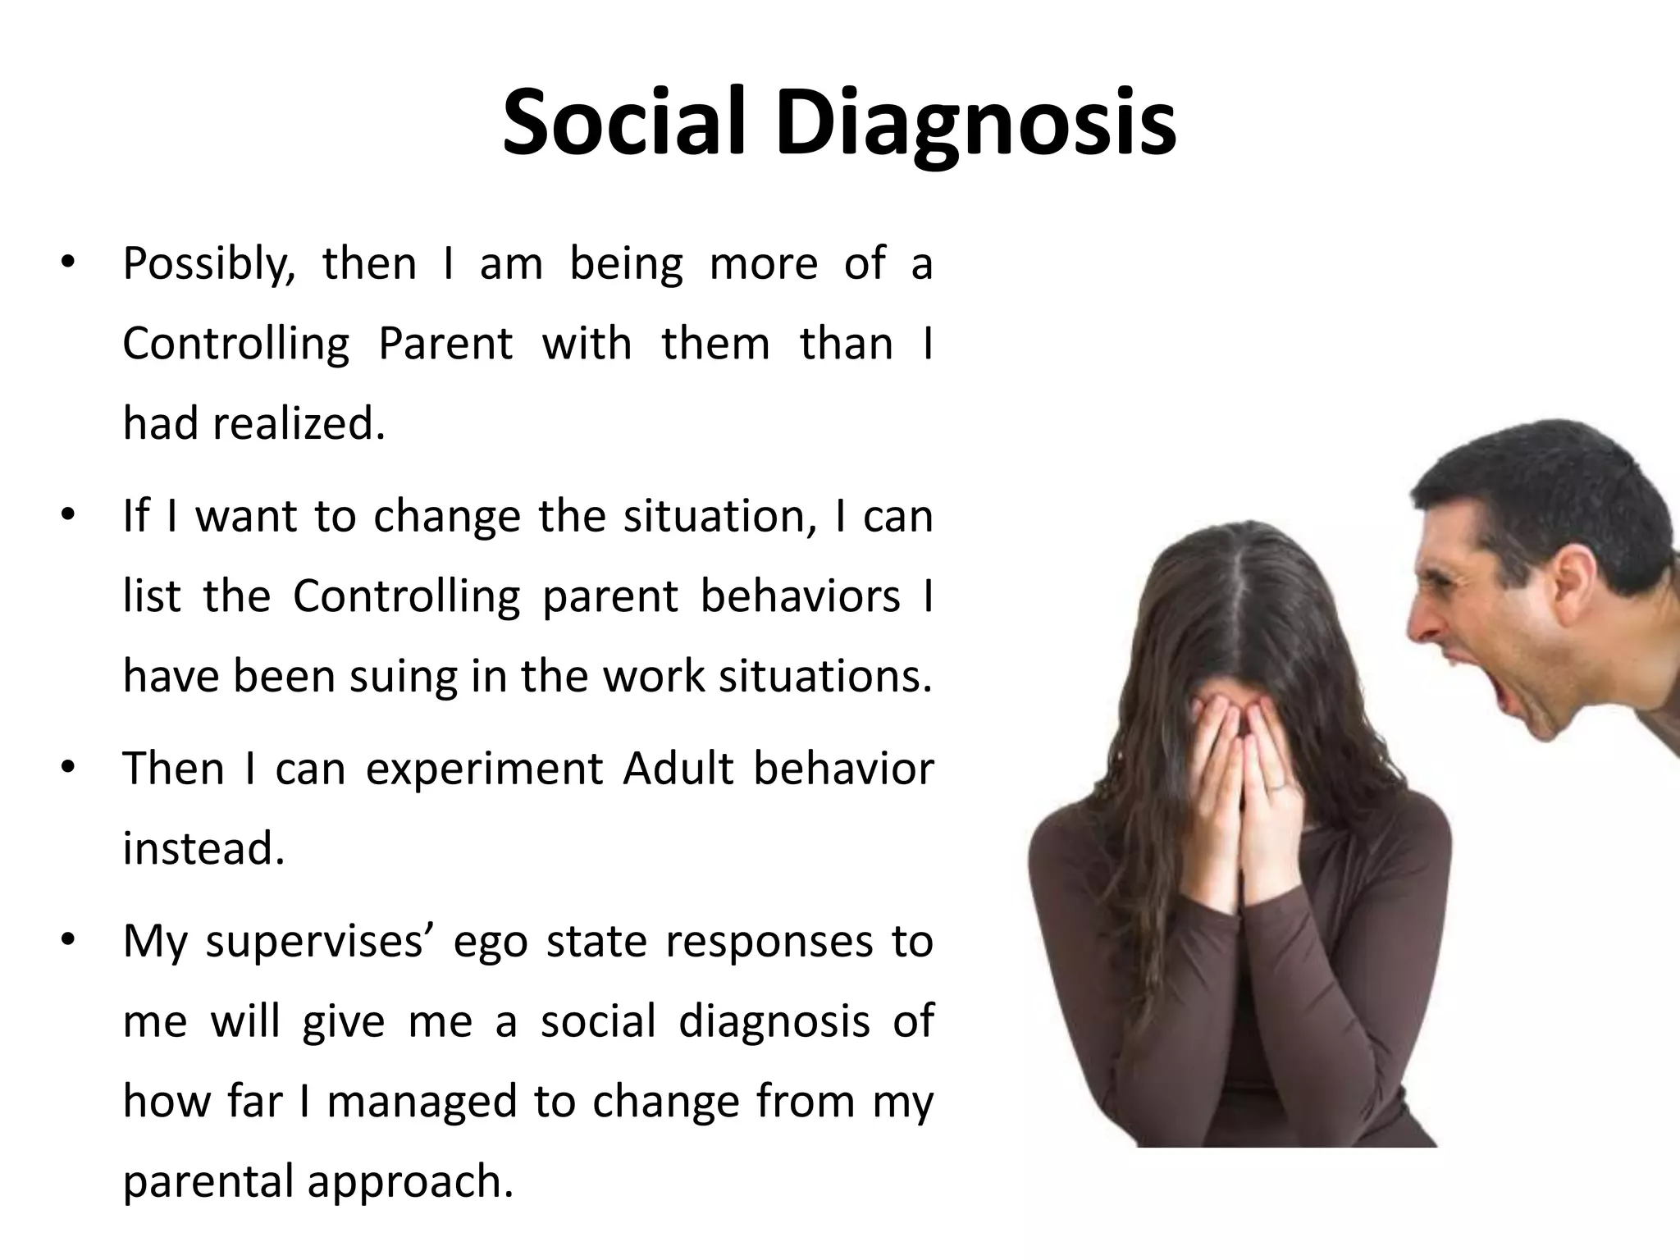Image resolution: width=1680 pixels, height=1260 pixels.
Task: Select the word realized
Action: coord(299,423)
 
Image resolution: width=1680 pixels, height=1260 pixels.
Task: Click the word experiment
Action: coord(483,770)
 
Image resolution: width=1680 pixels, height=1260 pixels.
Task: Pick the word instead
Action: coord(203,848)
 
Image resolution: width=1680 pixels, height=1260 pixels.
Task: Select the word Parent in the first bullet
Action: coord(445,343)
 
